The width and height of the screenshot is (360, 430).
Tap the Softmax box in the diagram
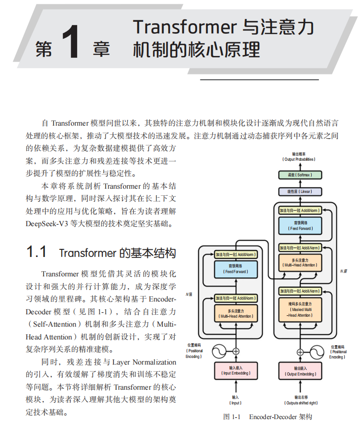[300, 175]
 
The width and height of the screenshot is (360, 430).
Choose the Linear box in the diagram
[300, 192]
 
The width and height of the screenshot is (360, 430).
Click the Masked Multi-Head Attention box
[300, 309]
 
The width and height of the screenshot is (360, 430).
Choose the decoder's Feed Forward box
[300, 225]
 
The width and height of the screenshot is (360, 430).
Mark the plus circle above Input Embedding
[235, 351]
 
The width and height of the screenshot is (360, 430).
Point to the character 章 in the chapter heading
[101, 49]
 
